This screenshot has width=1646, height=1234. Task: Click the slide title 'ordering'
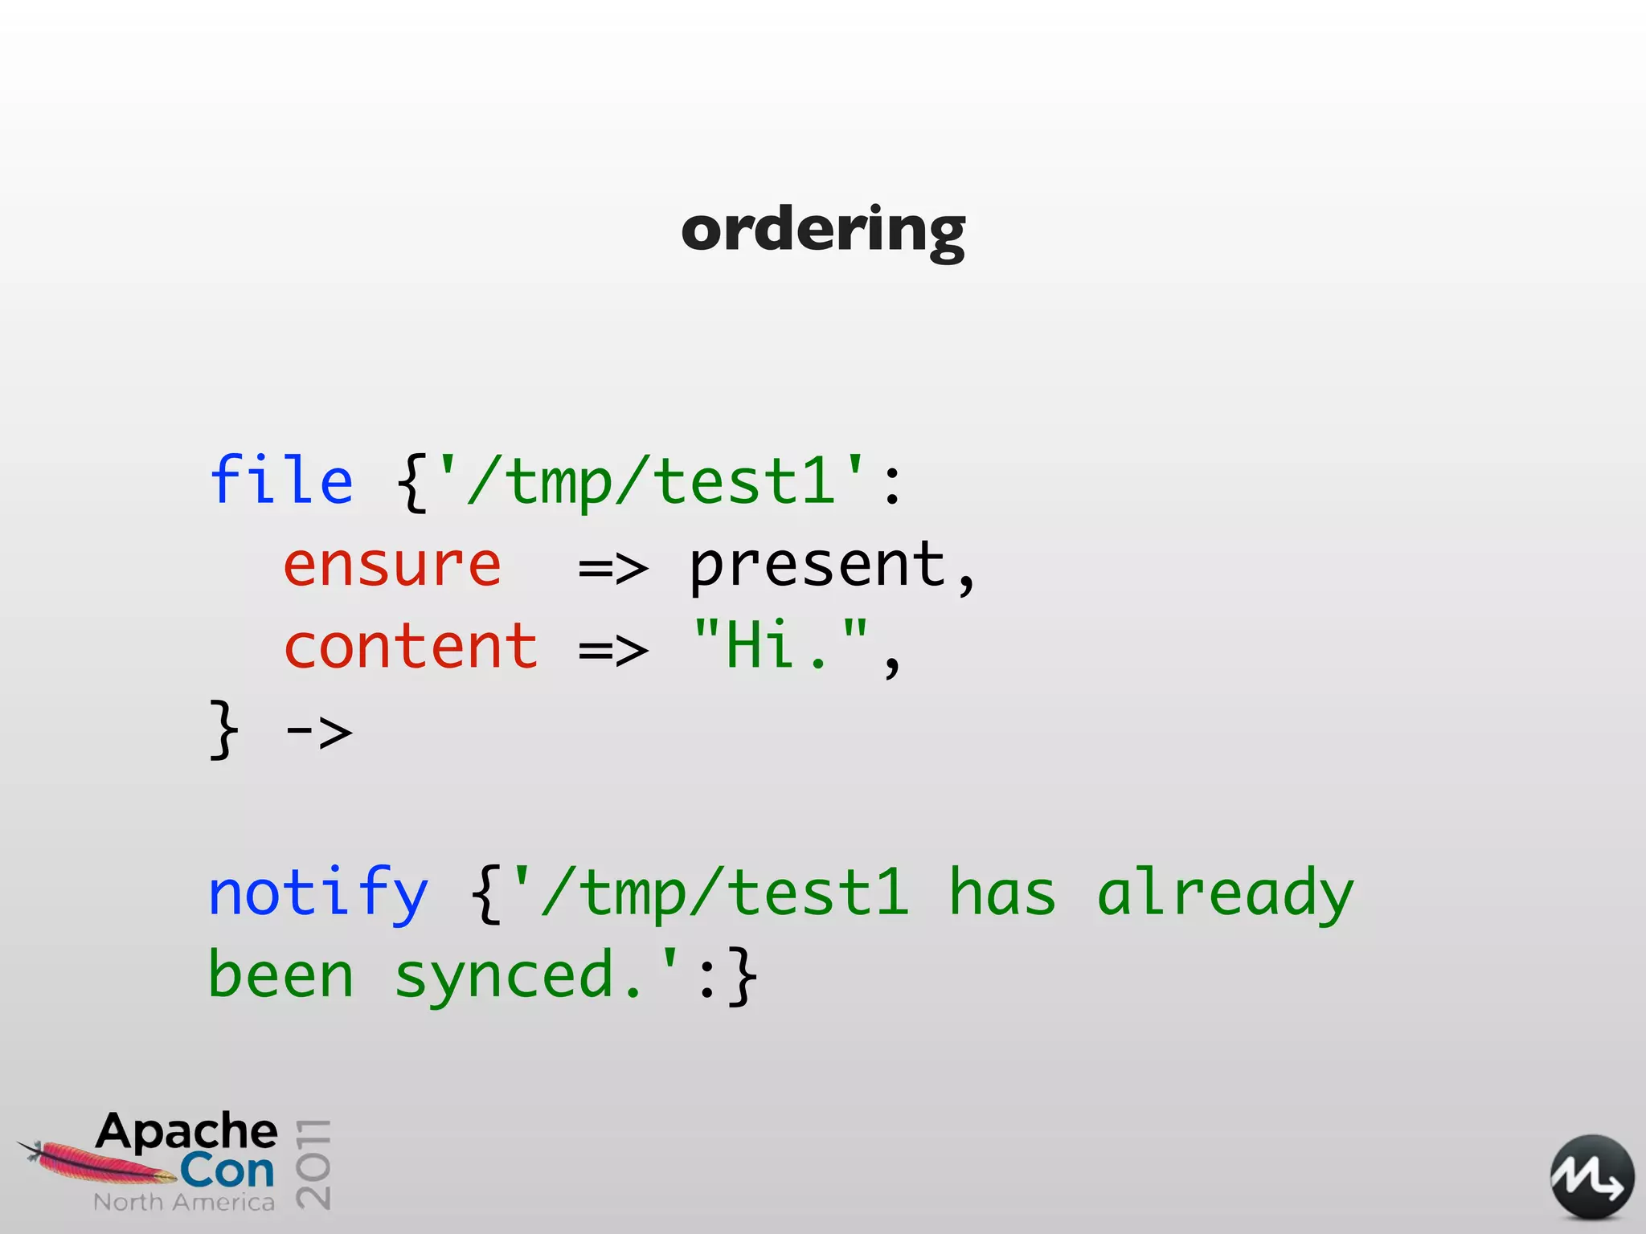823,231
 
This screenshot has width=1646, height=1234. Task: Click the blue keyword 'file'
280,480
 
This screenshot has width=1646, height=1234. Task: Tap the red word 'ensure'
392,566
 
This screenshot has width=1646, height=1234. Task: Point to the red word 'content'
411,648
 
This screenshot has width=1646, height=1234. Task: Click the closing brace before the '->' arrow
223,729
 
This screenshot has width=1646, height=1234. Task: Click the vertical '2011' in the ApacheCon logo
313,1163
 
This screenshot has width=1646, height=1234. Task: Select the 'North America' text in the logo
184,1203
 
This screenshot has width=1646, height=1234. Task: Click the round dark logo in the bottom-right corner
1591,1178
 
